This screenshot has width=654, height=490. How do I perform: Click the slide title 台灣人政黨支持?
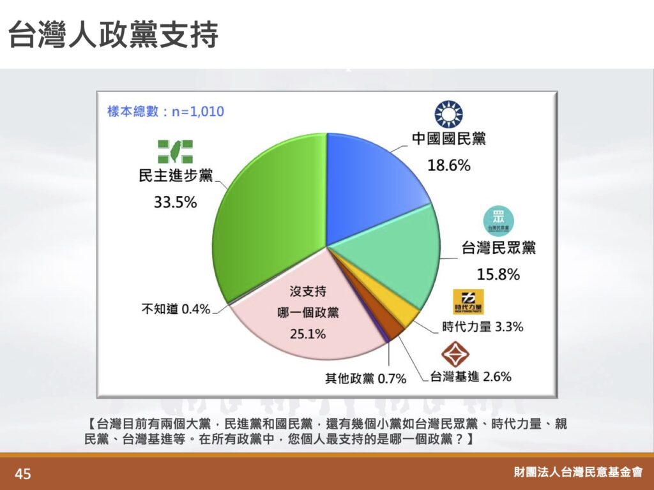113,34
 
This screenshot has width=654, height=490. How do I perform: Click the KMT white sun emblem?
449,114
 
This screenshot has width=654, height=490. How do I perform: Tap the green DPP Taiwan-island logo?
175,152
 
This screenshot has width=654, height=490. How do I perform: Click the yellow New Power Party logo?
468,302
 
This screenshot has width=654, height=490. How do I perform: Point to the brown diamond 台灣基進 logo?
455,355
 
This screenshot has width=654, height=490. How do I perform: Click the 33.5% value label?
175,202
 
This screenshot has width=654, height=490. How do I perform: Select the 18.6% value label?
449,165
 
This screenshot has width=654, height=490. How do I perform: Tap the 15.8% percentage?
498,274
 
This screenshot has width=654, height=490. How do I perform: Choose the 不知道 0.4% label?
176,309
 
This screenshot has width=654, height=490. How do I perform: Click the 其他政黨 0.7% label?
366,378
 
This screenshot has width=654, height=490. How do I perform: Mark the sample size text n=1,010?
198,112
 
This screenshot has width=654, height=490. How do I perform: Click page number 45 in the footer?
22,474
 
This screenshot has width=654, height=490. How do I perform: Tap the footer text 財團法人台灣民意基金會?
578,472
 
